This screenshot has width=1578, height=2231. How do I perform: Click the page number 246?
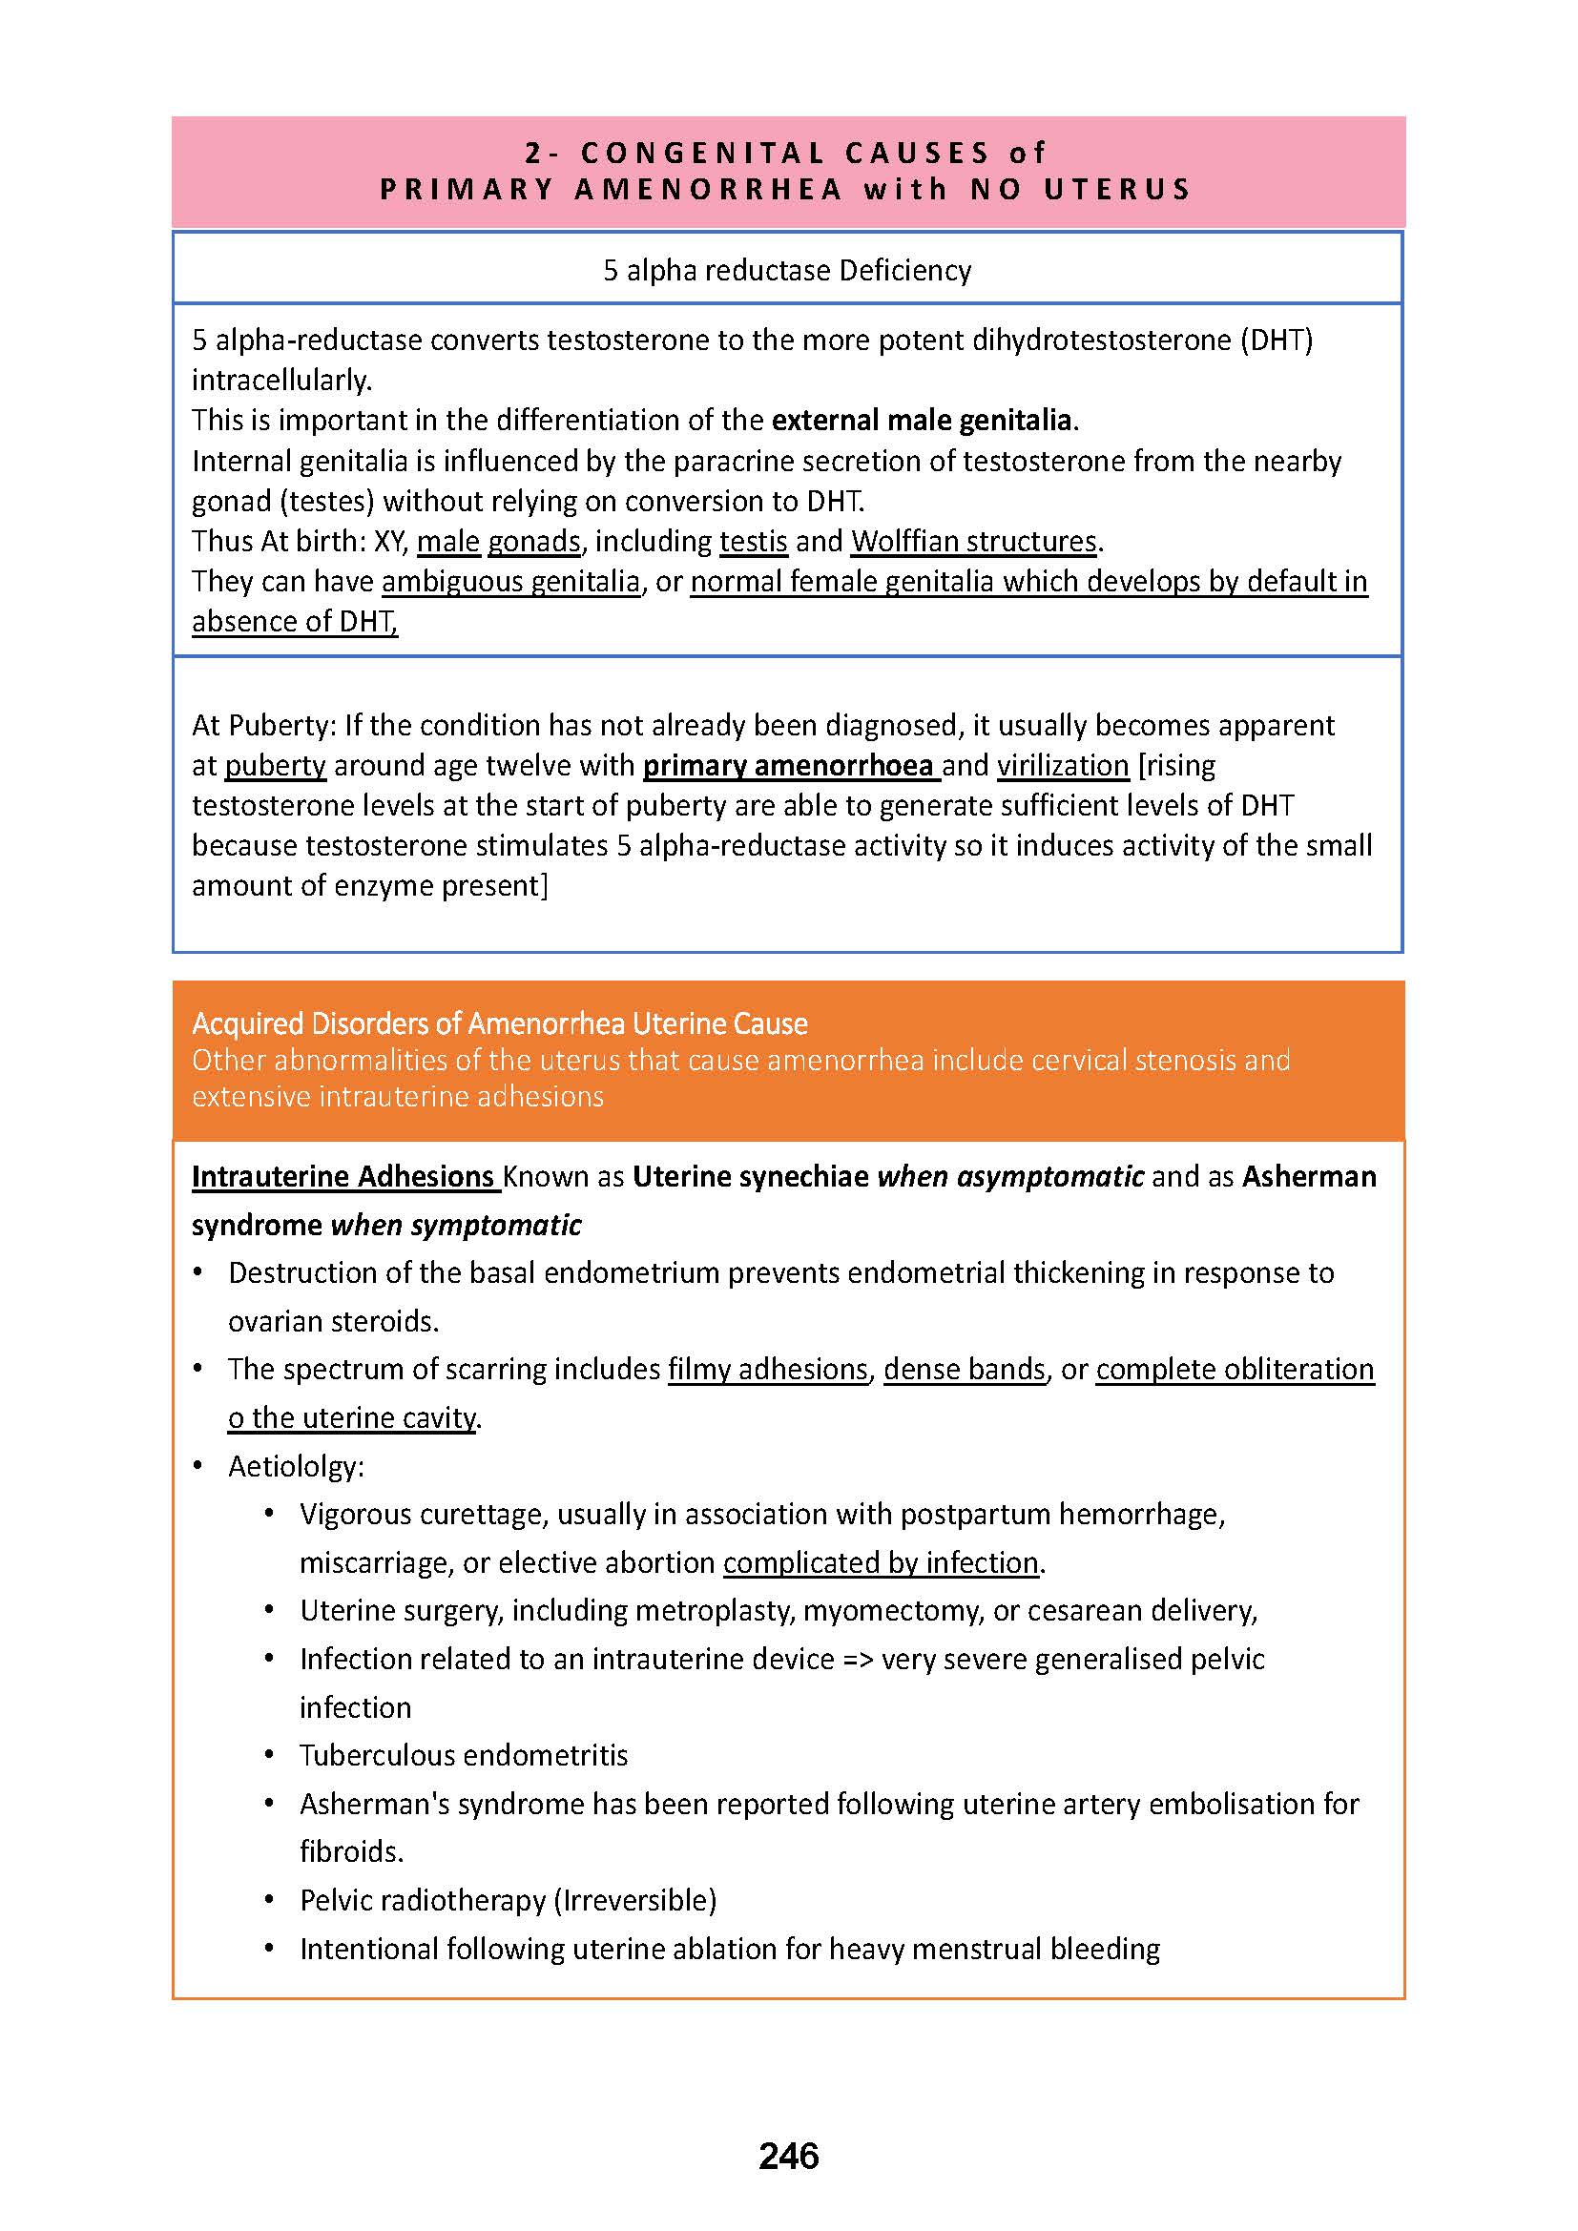point(788,2156)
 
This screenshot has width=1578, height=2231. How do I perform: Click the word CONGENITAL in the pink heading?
point(702,153)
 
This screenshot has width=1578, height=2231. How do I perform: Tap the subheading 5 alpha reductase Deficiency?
point(787,270)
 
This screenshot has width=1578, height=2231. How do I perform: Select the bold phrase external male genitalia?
point(922,421)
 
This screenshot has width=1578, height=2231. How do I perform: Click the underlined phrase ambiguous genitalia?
point(511,582)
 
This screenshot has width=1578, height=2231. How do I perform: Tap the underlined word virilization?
point(1062,766)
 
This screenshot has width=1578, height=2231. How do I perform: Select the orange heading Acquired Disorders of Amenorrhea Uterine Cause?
point(499,1023)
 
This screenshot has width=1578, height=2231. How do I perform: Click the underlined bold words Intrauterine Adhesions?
point(343,1177)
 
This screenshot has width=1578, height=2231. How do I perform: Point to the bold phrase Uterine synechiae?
point(750,1177)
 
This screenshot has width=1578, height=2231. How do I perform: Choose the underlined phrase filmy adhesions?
point(768,1369)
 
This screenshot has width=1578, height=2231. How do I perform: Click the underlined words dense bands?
point(964,1369)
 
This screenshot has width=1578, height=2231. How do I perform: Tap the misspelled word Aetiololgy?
point(296,1466)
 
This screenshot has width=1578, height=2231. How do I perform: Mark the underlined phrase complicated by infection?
point(881,1562)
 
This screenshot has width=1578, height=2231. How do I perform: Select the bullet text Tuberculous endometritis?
point(464,1756)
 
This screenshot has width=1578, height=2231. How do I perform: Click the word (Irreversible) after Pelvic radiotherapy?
point(634,1901)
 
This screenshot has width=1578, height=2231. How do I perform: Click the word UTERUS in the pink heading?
point(1116,189)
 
